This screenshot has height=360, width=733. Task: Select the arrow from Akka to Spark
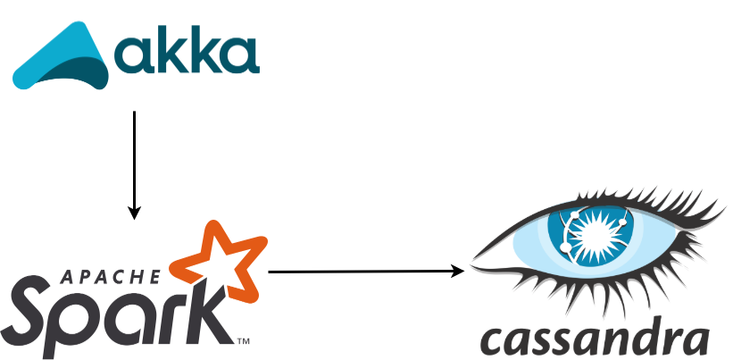click(x=134, y=161)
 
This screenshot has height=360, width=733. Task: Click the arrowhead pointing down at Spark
click(x=134, y=213)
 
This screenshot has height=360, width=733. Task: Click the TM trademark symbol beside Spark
click(x=242, y=340)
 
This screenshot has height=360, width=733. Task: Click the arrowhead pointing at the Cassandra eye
click(x=458, y=270)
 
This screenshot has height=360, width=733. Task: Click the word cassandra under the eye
click(x=594, y=339)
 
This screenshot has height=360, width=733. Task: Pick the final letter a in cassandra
click(x=693, y=341)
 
